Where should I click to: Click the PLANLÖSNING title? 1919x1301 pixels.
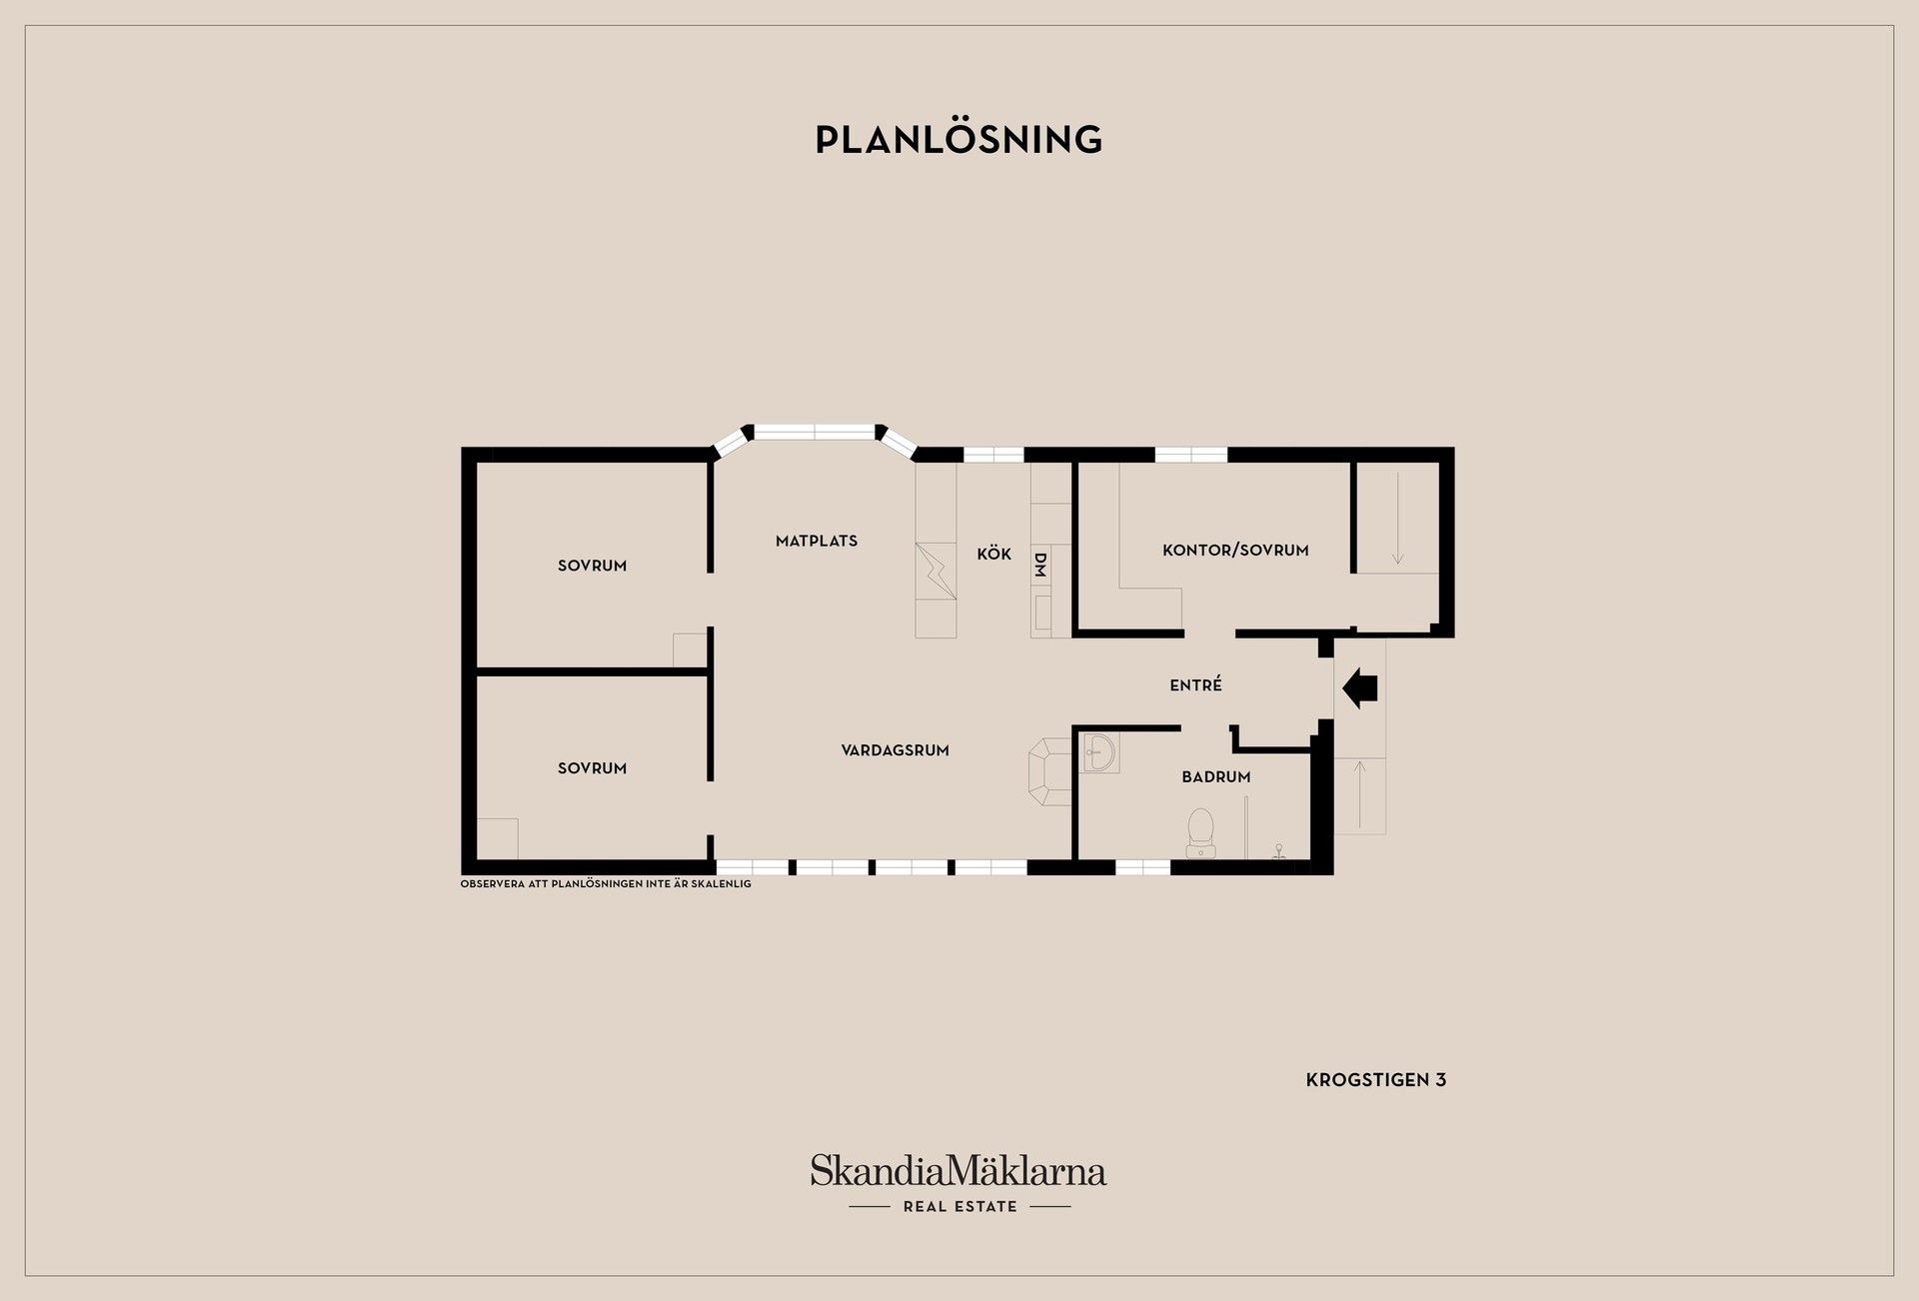point(959,139)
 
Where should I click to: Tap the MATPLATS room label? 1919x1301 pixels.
point(817,541)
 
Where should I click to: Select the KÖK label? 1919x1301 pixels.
point(994,554)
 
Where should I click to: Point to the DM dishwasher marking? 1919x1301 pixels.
point(1039,565)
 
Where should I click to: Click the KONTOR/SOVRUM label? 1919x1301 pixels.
point(1235,550)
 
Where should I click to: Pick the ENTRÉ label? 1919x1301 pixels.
point(1196,684)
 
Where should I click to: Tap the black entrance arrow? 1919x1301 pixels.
point(1360,688)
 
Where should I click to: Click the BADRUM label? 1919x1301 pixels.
point(1216,776)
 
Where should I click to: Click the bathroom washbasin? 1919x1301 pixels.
point(1100,752)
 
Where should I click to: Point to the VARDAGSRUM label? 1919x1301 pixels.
point(896,750)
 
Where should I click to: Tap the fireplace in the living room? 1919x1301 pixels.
point(1050,771)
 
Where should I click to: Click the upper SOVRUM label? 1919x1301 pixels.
point(593,566)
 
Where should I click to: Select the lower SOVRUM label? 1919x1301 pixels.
point(593,768)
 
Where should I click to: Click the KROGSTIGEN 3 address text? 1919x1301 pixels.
point(1376,1080)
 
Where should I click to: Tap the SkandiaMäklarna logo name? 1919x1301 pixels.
point(959,1171)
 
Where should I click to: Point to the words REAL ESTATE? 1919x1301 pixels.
point(960,1207)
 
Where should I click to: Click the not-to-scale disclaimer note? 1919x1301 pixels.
point(606,884)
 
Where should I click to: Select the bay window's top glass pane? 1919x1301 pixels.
point(815,433)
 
